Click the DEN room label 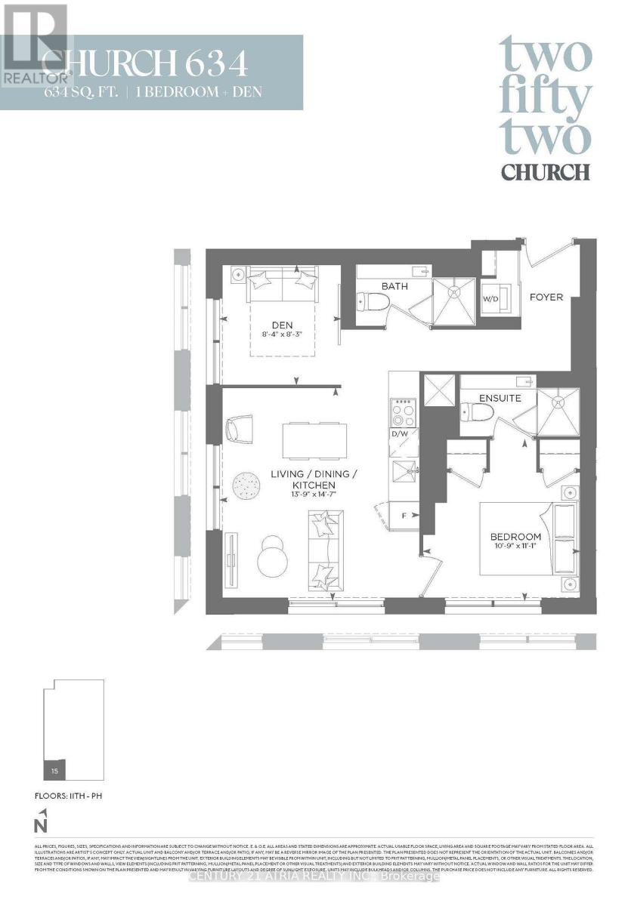pos(281,325)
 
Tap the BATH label pos(394,287)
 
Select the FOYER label pos(546,297)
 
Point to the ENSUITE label pos(499,397)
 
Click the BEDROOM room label pos(516,537)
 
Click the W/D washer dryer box pos(491,299)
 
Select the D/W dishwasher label pos(399,433)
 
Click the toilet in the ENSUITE pos(477,412)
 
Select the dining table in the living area pos(314,440)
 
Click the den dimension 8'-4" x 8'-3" pos(281,337)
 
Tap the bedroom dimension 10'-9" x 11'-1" pos(516,548)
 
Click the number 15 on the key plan pos(54,771)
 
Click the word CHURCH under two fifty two pos(545,171)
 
